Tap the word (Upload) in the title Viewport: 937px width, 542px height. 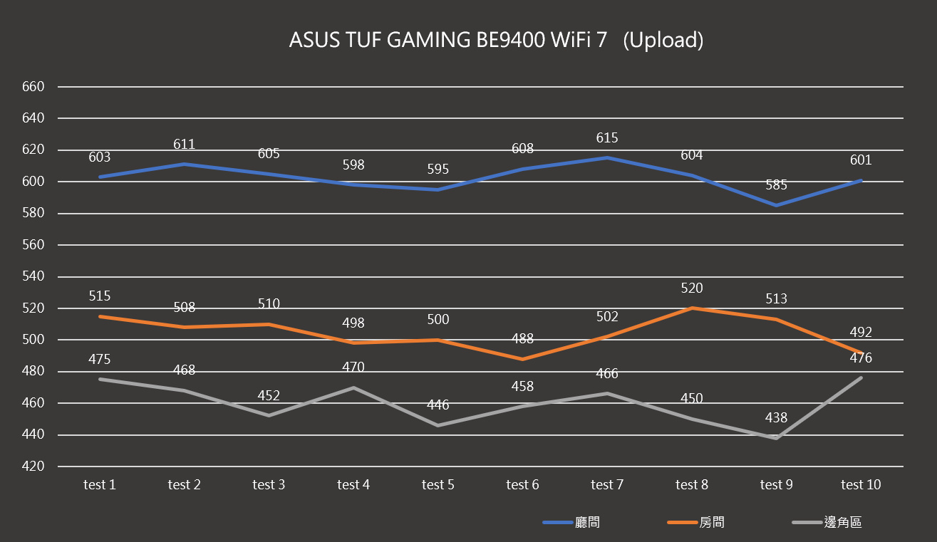coord(663,40)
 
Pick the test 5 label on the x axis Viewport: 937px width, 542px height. coord(438,485)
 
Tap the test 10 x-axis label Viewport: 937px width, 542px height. coord(861,485)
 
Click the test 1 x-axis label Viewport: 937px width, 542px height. coord(100,485)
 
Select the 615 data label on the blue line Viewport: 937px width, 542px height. coord(607,138)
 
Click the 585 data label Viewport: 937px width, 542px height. coord(776,185)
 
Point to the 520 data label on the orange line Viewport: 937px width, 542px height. coord(691,288)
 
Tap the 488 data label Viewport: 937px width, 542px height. coord(522,339)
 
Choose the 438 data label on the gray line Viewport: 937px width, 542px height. coord(776,418)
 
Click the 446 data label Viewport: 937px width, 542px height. coord(438,405)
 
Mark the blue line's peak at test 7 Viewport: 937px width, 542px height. coord(607,157)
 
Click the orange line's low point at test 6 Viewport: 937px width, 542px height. coord(522,359)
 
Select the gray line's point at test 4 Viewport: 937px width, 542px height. coord(353,387)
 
